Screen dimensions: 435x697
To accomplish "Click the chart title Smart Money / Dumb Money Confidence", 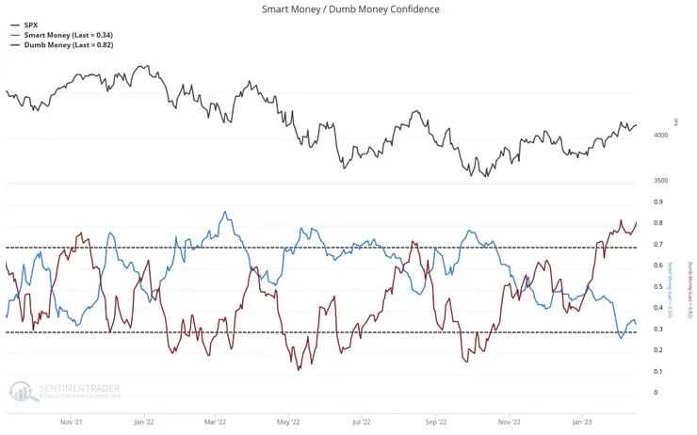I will [349, 9].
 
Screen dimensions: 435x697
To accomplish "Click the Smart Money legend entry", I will [66, 35].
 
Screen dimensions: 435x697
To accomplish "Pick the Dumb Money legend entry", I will [66, 44].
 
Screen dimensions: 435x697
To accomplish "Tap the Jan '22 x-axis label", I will [143, 423].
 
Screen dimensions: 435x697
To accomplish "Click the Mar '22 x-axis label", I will [216, 423].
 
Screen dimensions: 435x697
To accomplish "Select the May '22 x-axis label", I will [289, 423].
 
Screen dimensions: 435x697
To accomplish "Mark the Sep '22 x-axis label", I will [436, 423].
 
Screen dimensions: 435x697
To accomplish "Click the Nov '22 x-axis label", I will [510, 423].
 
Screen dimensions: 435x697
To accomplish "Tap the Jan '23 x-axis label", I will [582, 423].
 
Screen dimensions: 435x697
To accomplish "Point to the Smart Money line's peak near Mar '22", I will [224, 212].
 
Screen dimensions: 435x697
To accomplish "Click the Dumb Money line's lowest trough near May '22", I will [298, 368].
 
